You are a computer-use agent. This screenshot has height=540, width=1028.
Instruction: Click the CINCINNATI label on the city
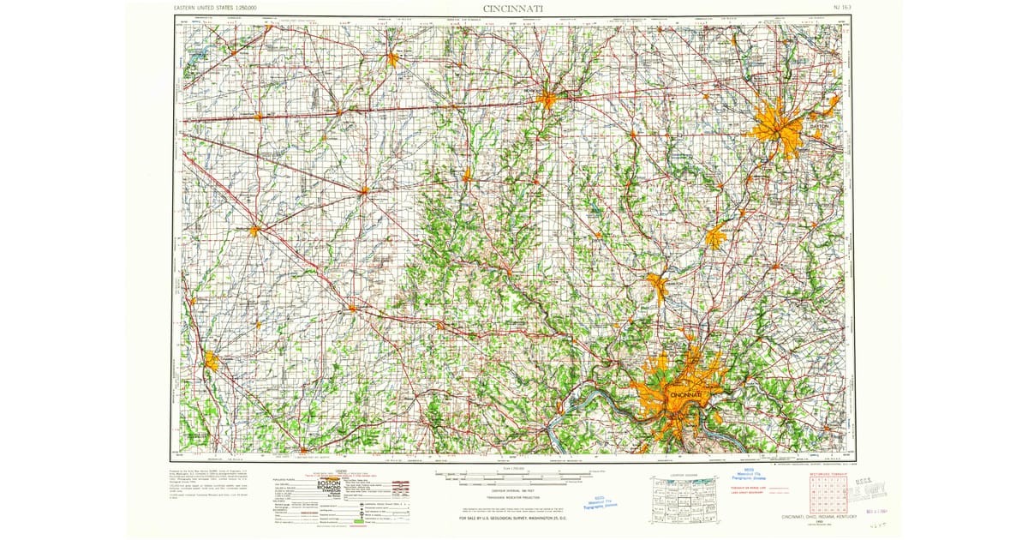(685, 393)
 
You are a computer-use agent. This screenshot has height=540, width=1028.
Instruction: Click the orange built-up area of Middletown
(716, 237)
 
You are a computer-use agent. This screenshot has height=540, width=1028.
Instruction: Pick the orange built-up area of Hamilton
(658, 285)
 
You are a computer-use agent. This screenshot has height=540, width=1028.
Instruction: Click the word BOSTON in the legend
(330, 483)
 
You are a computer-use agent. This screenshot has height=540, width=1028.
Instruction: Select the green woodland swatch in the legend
(359, 519)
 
